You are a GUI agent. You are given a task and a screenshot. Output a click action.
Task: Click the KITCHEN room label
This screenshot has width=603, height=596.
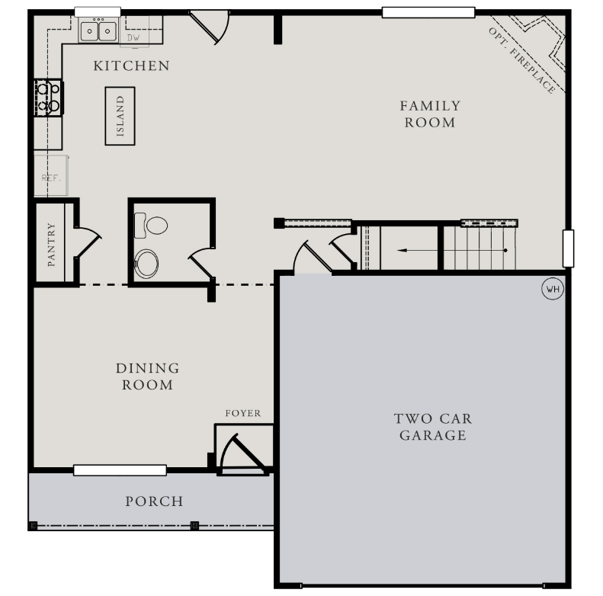(x=131, y=66)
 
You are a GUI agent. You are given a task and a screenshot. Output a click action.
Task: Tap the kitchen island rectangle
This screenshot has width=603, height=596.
(x=120, y=116)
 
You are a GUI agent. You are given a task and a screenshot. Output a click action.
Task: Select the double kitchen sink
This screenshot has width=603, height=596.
(x=98, y=31)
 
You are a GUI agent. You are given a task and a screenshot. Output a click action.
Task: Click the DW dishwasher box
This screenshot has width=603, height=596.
(x=134, y=37)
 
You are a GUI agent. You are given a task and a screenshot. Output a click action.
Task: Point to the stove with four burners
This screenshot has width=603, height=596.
(x=48, y=97)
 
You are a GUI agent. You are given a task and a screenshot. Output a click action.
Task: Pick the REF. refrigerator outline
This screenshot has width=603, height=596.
(x=51, y=177)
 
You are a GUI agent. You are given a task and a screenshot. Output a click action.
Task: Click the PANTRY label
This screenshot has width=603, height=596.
(x=52, y=243)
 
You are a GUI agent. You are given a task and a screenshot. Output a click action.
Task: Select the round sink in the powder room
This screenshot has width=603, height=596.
(x=146, y=264)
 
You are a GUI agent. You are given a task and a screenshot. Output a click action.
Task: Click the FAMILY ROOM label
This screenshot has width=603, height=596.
(x=430, y=114)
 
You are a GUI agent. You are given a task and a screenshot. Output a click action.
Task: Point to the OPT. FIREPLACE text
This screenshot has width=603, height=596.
(x=522, y=60)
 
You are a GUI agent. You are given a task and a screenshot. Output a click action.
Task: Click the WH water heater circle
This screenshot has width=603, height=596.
(x=551, y=289)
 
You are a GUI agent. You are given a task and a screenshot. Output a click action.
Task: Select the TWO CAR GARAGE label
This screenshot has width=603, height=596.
(x=432, y=427)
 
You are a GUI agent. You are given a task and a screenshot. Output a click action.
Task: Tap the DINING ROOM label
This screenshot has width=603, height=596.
(x=148, y=377)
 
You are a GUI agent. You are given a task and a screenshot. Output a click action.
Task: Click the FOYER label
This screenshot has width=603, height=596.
(x=242, y=413)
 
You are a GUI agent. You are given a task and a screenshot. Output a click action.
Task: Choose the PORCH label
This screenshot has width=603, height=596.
(x=154, y=501)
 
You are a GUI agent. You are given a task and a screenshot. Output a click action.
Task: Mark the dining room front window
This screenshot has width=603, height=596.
(x=120, y=470)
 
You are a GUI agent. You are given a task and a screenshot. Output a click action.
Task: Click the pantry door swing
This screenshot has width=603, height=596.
(x=87, y=242)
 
